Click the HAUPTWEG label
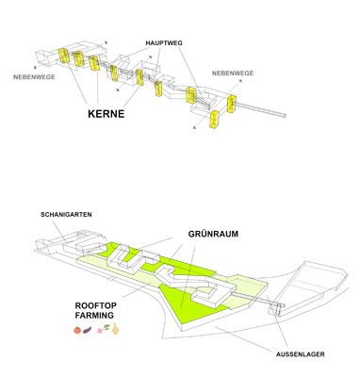164,43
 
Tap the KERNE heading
106,114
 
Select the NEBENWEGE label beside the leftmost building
34,76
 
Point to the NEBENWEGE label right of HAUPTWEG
233,74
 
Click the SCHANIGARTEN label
66,215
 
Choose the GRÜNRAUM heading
213,234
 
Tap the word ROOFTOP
96,305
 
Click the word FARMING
94,315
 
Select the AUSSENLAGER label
301,354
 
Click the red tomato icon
77,330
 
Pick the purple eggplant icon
88,330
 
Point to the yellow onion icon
116,329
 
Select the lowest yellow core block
215,120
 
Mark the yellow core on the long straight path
232,104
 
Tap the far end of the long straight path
285,116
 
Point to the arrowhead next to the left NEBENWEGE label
35,67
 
